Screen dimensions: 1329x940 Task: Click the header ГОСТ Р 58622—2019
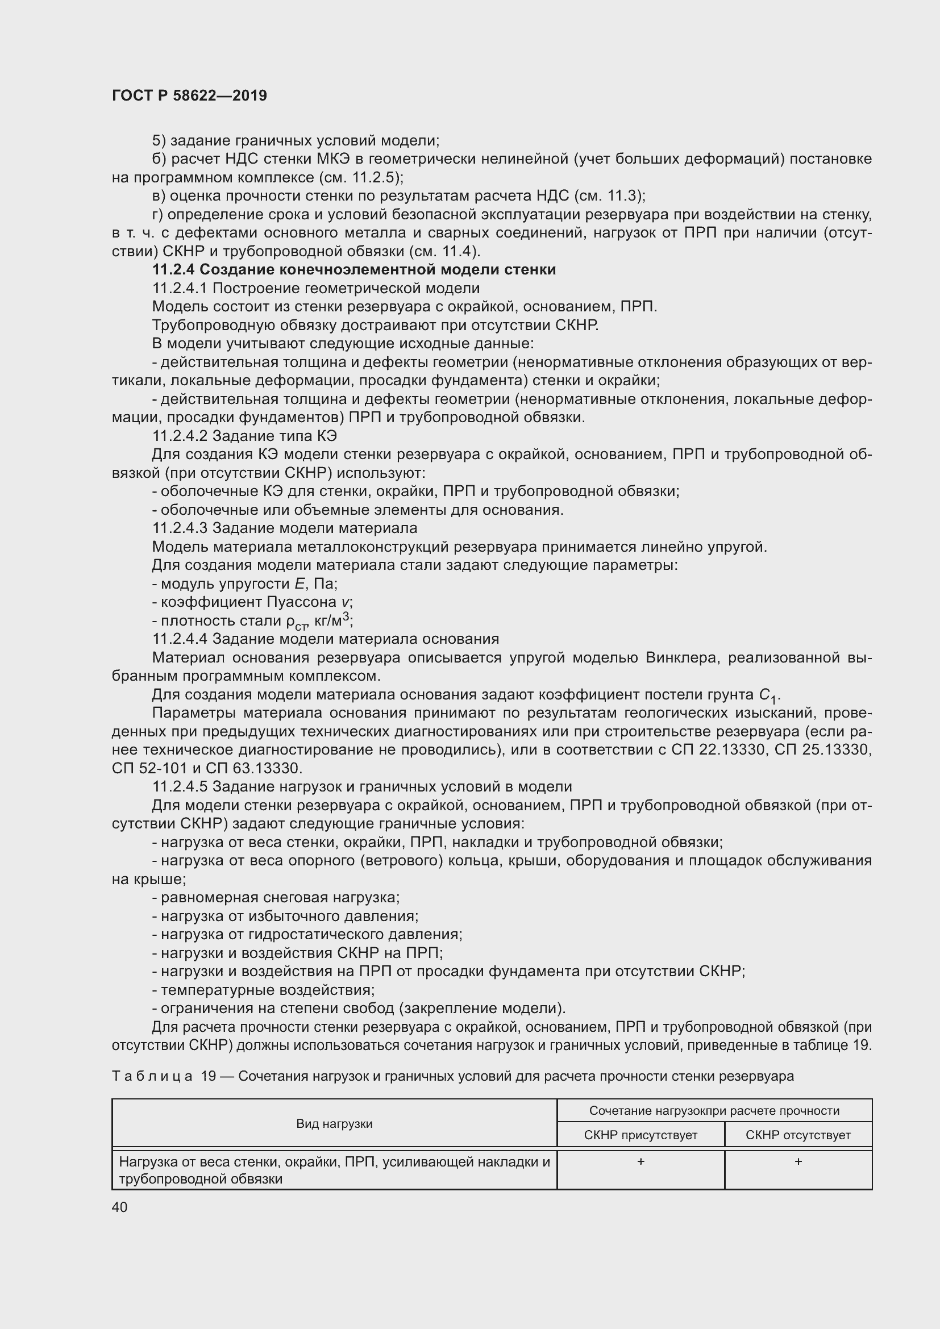pyautogui.click(x=189, y=95)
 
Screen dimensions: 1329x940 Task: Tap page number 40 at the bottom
pyautogui.click(x=120, y=1207)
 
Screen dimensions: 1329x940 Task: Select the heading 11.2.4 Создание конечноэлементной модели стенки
pyautogui.click(x=353, y=270)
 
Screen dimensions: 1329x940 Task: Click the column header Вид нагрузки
pyautogui.click(x=334, y=1123)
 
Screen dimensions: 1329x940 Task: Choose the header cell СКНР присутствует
pyautogui.click(x=640, y=1135)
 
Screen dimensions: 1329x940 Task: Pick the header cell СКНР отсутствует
pyautogui.click(x=797, y=1135)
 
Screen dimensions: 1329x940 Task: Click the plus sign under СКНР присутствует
pyautogui.click(x=640, y=1162)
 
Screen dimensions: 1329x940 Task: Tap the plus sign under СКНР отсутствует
pyautogui.click(x=797, y=1162)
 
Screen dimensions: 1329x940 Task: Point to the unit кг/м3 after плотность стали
pyautogui.click(x=332, y=620)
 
